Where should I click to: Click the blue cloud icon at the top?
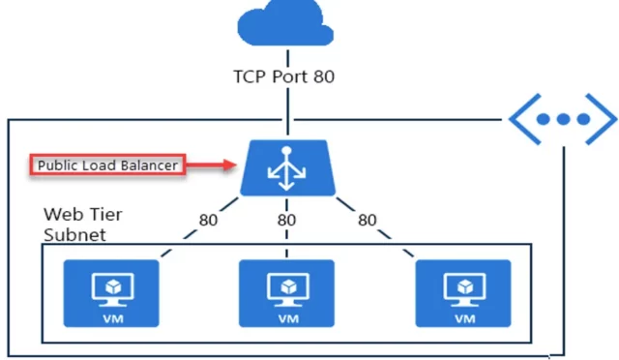[285, 26]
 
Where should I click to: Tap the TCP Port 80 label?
[283, 76]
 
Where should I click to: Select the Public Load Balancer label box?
[106, 165]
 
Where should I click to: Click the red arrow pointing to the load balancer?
[210, 165]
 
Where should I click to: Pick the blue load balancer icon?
[286, 166]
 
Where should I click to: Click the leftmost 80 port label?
[207, 220]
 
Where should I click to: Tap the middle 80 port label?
[286, 220]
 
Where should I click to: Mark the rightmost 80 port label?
[367, 220]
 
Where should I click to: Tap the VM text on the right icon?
[464, 316]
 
